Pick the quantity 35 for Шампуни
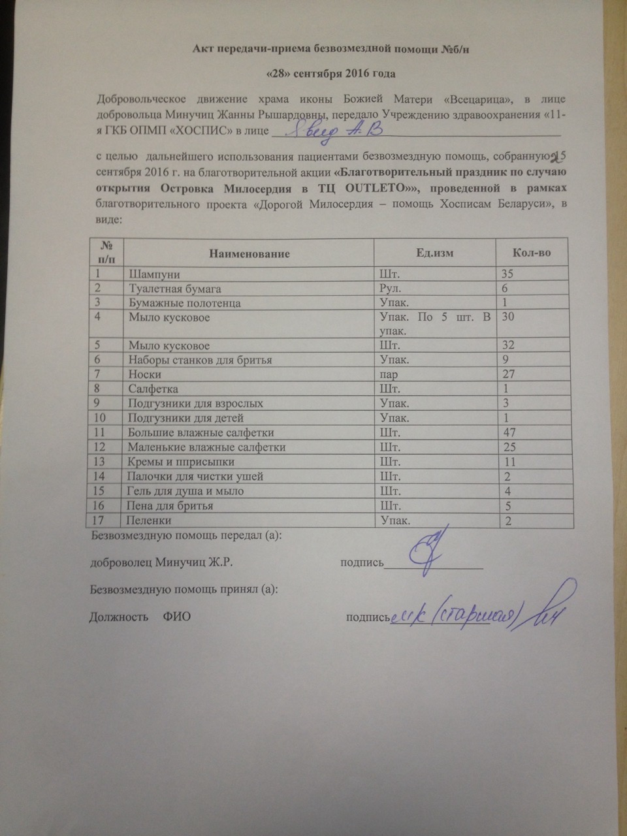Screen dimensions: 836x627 (x=505, y=274)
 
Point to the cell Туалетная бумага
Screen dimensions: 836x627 (x=174, y=288)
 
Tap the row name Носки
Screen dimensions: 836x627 (x=145, y=374)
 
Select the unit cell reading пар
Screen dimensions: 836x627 (x=391, y=374)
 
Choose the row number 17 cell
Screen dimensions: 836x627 (x=100, y=520)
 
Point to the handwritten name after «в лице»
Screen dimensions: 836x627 (x=327, y=130)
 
